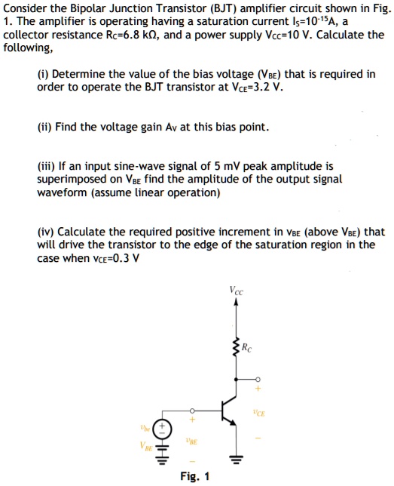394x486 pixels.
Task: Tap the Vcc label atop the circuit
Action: [x=237, y=289]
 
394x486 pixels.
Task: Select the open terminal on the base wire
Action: [x=191, y=410]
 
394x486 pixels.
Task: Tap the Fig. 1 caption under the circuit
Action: [x=195, y=476]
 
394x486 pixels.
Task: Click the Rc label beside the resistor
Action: [x=249, y=348]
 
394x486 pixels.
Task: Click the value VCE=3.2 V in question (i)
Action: [x=257, y=86]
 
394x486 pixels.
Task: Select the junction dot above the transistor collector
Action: [x=237, y=379]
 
